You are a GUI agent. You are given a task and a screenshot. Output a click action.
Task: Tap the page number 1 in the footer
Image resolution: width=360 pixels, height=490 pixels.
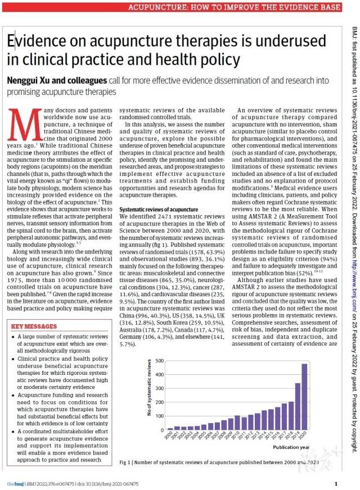point(336,484)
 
